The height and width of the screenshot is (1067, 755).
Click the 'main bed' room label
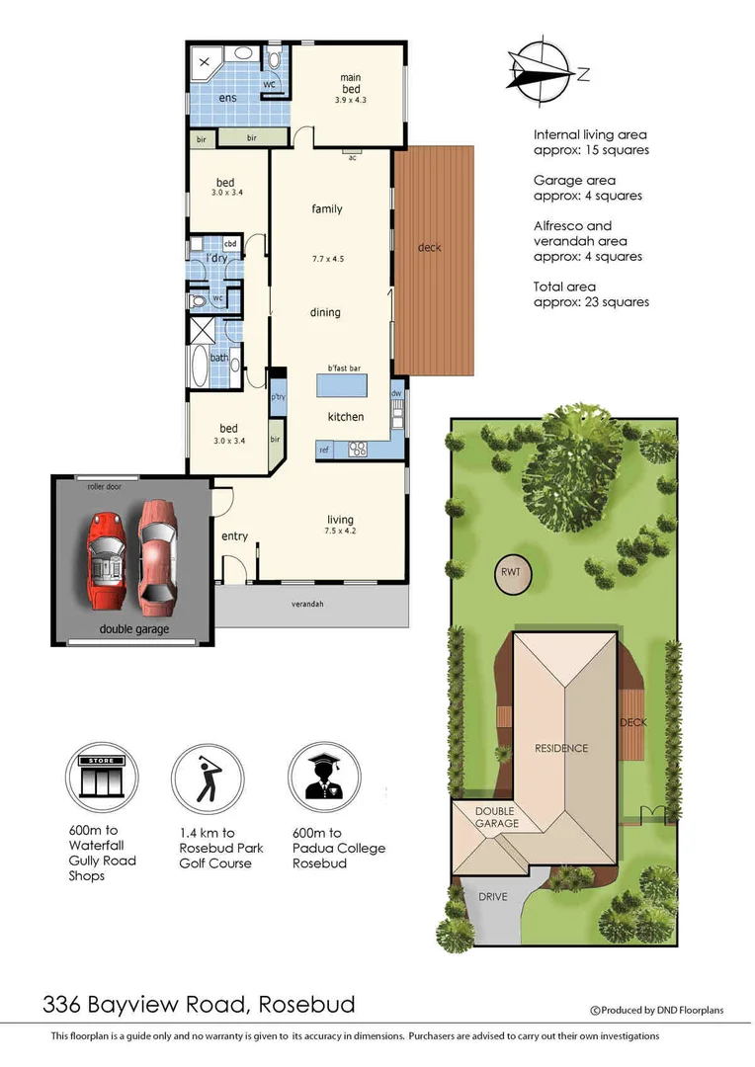click(350, 83)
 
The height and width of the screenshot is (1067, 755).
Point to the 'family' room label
click(326, 209)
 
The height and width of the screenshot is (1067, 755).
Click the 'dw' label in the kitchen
click(396, 392)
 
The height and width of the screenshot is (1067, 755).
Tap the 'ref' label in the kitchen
click(323, 450)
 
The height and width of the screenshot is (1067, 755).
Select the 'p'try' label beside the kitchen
click(279, 397)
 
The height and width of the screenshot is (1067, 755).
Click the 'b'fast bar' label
click(331, 368)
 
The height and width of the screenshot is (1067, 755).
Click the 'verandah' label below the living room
click(307, 604)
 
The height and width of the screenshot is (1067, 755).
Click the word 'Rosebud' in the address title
click(306, 1006)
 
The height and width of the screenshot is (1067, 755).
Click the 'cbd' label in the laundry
click(230, 243)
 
